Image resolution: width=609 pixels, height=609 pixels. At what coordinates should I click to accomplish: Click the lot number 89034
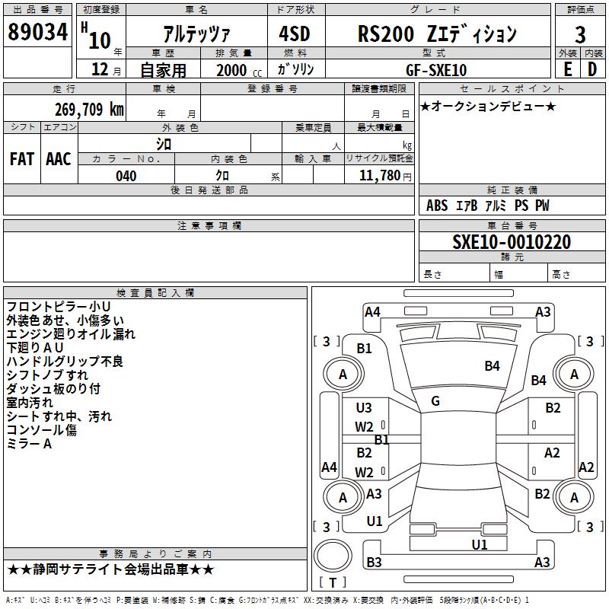37,32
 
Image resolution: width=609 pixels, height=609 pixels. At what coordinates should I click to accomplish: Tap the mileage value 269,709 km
89,110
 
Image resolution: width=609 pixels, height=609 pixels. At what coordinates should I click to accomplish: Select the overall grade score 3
580,35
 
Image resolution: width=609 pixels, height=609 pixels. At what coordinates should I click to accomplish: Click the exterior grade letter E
567,69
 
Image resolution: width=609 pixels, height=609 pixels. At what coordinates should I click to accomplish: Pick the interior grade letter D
592,69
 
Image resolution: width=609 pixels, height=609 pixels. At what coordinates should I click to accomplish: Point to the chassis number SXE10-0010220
512,242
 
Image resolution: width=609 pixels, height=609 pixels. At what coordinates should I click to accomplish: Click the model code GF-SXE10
436,70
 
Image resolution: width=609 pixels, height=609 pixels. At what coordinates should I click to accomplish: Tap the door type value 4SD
295,33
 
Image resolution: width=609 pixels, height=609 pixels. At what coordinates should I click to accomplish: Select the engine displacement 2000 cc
239,70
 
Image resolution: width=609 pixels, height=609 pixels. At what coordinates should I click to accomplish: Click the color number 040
126,176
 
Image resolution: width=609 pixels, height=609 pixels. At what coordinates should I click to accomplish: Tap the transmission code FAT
22,159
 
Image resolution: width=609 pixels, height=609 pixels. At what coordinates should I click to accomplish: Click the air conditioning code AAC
59,159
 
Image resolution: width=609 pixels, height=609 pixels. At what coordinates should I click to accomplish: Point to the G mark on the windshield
435,401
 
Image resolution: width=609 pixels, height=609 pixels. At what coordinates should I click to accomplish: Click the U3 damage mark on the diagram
364,408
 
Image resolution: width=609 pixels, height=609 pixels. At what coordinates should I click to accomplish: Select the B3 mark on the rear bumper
374,562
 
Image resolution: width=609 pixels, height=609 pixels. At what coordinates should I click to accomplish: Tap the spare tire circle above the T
333,556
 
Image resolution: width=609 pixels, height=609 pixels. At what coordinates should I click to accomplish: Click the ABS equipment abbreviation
437,206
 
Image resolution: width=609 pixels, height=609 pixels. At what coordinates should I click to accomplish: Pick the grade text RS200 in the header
386,33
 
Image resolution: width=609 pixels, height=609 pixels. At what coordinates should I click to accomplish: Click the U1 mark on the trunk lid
480,544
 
